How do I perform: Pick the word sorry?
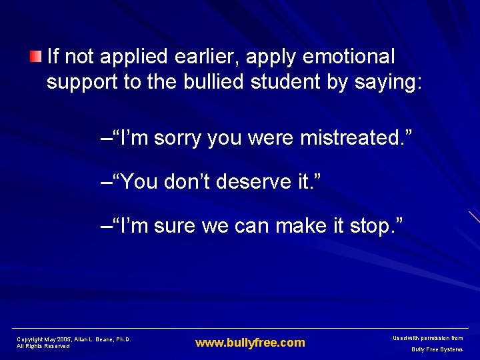pyautogui.click(x=177, y=138)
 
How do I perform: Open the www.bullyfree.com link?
pyautogui.click(x=250, y=343)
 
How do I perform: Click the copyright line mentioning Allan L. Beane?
pyautogui.click(x=73, y=339)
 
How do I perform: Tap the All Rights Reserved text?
pyautogui.click(x=43, y=347)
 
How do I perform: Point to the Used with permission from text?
pyautogui.click(x=429, y=339)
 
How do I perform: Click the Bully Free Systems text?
pyautogui.click(x=437, y=349)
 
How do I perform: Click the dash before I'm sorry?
pyautogui.click(x=105, y=139)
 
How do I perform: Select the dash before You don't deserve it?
pyautogui.click(x=105, y=182)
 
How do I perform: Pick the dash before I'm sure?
pyautogui.click(x=105, y=226)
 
